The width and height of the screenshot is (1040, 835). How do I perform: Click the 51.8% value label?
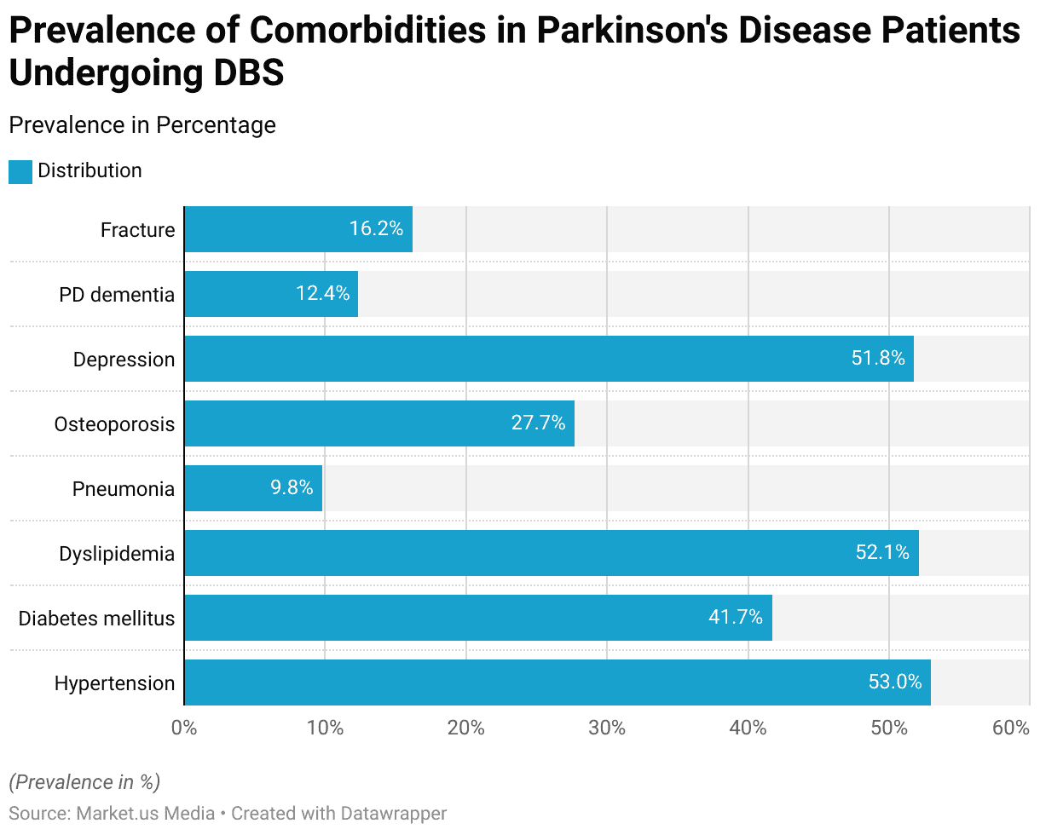pyautogui.click(x=877, y=359)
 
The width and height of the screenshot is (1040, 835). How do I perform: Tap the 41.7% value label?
pyautogui.click(x=735, y=618)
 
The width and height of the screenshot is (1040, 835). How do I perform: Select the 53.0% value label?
pyautogui.click(x=895, y=682)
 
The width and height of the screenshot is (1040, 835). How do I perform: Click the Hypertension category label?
pyautogui.click(x=114, y=683)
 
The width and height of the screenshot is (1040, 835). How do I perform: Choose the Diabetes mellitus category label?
pyautogui.click(x=96, y=619)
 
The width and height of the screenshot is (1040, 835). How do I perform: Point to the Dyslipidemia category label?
pyautogui.click(x=117, y=554)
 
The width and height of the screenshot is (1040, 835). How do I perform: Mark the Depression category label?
pyautogui.click(x=124, y=360)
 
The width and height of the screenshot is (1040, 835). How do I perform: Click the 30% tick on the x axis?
pyautogui.click(x=606, y=728)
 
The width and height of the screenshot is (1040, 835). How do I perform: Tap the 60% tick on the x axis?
pyautogui.click(x=1011, y=728)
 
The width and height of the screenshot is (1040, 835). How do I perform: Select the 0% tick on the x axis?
pyautogui.click(x=184, y=728)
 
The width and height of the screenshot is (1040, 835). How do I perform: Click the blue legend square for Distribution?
pyautogui.click(x=20, y=171)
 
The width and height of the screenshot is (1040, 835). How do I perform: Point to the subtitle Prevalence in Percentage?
pyautogui.click(x=142, y=125)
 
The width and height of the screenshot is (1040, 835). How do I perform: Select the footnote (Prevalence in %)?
pyautogui.click(x=84, y=781)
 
